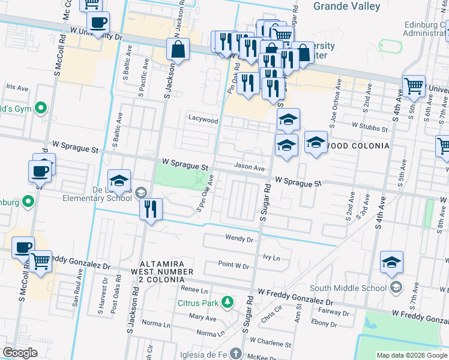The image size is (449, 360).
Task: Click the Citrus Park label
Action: coord(197,303)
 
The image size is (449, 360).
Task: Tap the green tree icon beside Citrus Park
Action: coord(227,301)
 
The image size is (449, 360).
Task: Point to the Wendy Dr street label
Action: coord(240,239)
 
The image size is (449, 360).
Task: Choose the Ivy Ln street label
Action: coord(272,256)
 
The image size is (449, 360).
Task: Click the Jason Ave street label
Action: coord(249,169)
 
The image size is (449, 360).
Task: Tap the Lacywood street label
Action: coord(202,119)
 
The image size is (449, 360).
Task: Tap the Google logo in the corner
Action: coord(20,353)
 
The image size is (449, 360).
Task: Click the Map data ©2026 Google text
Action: coord(411,355)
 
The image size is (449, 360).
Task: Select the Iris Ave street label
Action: coord(17,88)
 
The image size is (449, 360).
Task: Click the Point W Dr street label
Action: coord(234,265)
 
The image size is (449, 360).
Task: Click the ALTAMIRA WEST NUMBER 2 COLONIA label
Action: coord(166,272)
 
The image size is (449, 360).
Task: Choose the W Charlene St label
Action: coord(270,345)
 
